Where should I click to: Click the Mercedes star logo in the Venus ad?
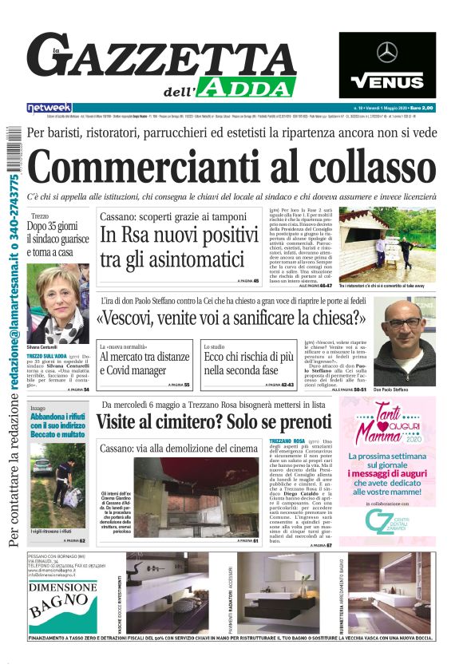click(387, 53)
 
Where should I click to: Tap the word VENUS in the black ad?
click(387, 81)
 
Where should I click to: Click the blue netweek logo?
click(49, 107)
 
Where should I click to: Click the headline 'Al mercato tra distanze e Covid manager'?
click(144, 363)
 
